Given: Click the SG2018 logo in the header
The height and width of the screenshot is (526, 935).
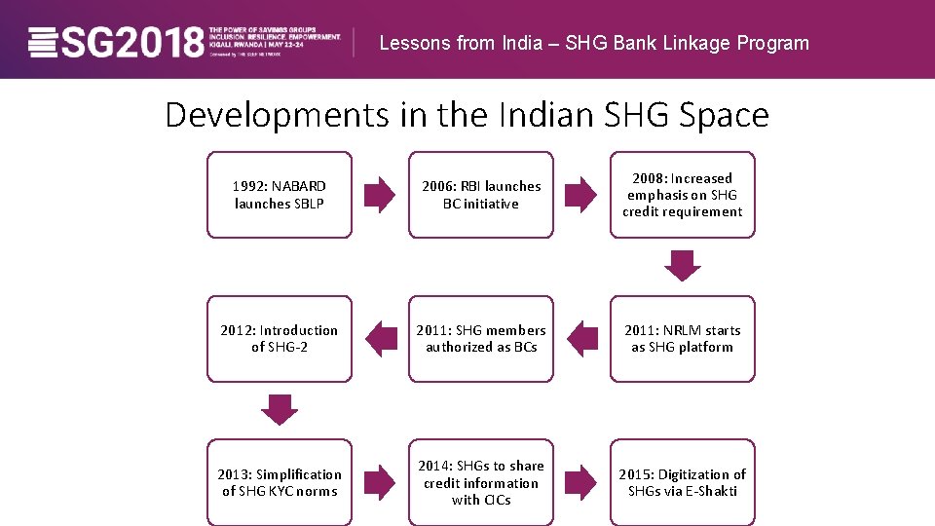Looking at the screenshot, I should click(x=117, y=42).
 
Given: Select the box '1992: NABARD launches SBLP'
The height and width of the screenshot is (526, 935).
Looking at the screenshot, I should click(x=279, y=195).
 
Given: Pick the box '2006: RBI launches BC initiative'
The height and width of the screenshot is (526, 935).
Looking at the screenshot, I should click(x=480, y=195).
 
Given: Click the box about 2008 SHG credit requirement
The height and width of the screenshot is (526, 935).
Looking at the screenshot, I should click(x=682, y=195).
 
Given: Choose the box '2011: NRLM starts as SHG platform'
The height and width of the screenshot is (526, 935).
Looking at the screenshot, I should click(x=682, y=339).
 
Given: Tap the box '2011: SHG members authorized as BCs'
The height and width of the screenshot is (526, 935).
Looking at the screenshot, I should click(x=480, y=339).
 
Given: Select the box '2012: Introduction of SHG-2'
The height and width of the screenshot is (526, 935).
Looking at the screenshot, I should click(x=279, y=339).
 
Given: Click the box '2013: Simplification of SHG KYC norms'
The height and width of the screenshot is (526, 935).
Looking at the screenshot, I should click(x=279, y=482).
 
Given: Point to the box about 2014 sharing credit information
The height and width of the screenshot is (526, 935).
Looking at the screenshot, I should click(x=480, y=482).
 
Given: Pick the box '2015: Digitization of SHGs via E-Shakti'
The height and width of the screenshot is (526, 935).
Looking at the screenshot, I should click(x=682, y=482).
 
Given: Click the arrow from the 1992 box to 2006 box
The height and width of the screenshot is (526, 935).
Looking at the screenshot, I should click(x=380, y=195).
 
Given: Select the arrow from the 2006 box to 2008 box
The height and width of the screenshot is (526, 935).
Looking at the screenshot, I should click(x=581, y=195).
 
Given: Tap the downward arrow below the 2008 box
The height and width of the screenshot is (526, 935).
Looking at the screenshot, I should click(x=683, y=265).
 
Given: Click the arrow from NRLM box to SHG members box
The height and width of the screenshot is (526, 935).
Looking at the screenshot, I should click(x=581, y=339).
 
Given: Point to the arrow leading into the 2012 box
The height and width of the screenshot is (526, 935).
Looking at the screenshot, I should click(x=380, y=339).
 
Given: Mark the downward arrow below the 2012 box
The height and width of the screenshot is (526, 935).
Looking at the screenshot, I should click(x=280, y=409).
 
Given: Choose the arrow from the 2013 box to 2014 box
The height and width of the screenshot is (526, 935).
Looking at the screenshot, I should click(x=380, y=482).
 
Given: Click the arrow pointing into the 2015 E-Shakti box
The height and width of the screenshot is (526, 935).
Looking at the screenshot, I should click(x=581, y=482).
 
